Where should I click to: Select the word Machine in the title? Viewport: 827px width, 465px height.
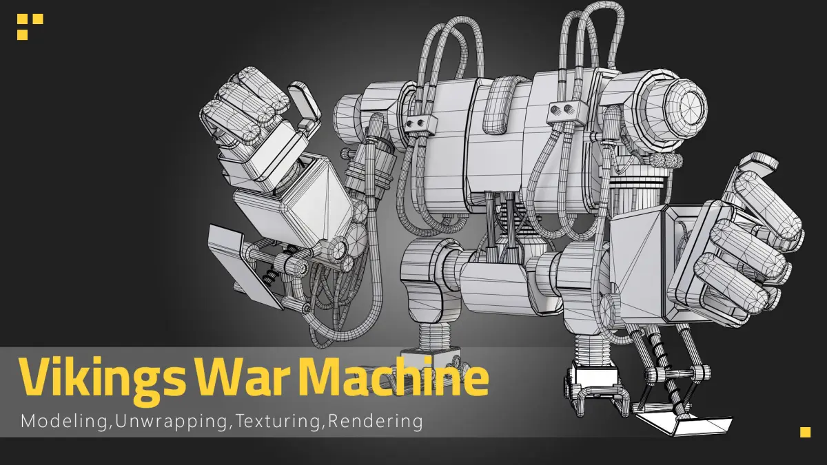pos(396,376)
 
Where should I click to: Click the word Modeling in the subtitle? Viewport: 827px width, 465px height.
pos(63,422)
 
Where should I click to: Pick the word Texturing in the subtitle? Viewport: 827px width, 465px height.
pos(277,422)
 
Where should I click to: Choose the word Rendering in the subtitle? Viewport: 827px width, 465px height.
pos(375,421)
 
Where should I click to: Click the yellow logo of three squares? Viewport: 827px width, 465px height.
pos(30,27)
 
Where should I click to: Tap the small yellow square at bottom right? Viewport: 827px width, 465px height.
pos(806,432)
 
